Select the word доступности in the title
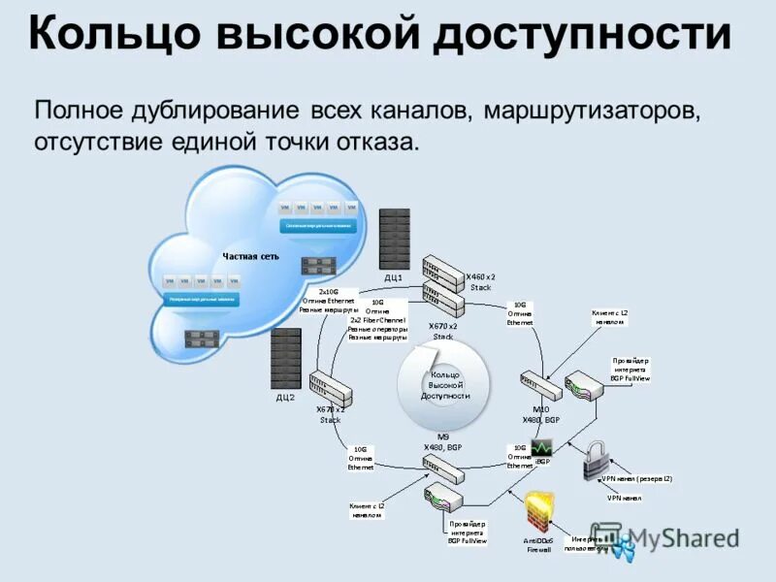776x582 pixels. click(581, 35)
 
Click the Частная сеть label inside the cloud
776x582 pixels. click(250, 256)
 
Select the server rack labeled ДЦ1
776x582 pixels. click(395, 239)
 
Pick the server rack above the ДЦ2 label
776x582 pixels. click(286, 358)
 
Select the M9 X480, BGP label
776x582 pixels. click(443, 441)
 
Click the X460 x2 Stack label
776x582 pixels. click(482, 281)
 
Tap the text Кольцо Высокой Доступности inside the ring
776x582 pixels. click(445, 384)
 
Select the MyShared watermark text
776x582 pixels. click(684, 538)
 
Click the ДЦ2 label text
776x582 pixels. click(285, 398)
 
